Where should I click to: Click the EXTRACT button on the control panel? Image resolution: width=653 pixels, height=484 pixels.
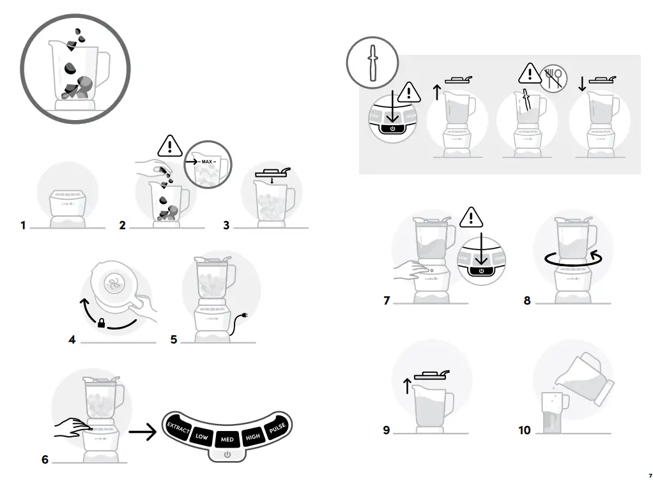pos(178,429)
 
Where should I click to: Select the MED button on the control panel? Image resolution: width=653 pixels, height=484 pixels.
pos(227,440)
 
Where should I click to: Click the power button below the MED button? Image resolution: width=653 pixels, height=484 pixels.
pos(227,455)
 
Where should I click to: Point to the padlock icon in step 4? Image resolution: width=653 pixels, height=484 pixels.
pos(101,324)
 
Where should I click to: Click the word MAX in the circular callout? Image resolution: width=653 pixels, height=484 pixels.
pos(206,162)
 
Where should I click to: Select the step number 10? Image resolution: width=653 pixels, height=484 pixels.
pos(524,430)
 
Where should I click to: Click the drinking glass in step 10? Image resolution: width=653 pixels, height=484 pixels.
pos(553,411)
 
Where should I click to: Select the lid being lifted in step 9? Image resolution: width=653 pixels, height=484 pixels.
pos(431,374)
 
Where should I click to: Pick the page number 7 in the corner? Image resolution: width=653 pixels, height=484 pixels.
pos(649,476)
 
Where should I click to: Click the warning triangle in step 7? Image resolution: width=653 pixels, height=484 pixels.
pos(472,218)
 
